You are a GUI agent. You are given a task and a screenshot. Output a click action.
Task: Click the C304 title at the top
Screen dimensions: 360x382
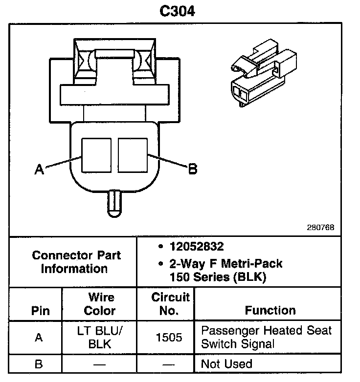178,11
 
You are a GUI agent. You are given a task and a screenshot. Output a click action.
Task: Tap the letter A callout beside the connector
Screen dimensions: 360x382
39,170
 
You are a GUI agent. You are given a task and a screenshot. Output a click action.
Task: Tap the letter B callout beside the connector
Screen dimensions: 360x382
193,169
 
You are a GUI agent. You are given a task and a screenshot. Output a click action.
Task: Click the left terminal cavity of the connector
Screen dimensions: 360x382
96,155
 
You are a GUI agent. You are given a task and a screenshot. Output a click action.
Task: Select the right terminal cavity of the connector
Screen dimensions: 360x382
133,155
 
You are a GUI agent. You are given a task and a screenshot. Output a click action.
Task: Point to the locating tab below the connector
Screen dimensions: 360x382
114,204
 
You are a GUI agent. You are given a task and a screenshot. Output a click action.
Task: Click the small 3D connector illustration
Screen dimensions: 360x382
264,73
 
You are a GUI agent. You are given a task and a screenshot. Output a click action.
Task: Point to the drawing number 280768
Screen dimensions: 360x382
320,228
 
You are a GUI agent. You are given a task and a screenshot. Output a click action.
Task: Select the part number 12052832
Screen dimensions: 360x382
197,247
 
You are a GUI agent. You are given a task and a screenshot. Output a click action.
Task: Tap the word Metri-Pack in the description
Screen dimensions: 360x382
251,264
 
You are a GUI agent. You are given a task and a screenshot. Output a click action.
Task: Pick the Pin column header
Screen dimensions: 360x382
40,311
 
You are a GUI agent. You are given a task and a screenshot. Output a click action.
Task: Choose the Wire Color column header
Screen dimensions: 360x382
100,304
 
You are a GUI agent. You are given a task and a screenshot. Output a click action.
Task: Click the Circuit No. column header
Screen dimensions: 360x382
170,304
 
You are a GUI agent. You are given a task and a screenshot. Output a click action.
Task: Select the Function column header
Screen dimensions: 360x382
270,311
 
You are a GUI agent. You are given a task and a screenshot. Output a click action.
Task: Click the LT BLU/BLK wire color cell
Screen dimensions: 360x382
100,338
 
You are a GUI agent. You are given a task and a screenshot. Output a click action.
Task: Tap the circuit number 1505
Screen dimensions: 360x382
169,338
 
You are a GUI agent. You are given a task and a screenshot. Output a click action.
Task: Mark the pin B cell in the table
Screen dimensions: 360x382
39,364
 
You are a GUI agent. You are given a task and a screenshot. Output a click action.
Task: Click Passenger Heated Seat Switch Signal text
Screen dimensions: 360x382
267,337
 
